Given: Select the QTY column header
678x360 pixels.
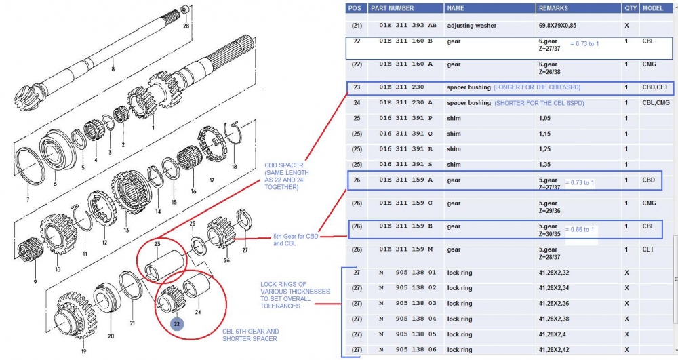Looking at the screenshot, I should click(630, 9).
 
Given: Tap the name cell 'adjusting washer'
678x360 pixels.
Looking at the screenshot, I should click(471, 26).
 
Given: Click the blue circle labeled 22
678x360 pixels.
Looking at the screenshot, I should click(176, 324).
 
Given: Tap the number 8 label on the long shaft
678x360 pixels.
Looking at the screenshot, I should click(113, 69).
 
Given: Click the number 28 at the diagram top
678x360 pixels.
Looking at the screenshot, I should click(186, 26).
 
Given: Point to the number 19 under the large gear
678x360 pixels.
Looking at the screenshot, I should click(83, 351).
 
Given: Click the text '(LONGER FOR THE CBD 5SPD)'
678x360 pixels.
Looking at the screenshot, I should click(537, 87).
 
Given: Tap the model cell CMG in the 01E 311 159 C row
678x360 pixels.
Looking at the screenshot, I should click(649, 203).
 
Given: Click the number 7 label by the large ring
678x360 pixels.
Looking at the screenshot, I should click(27, 201).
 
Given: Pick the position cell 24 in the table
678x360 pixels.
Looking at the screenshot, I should click(357, 103).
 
